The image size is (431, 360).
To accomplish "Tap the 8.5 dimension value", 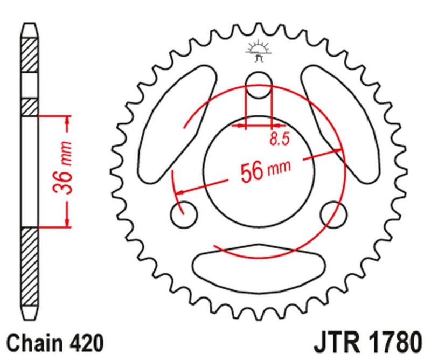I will [x=280, y=140].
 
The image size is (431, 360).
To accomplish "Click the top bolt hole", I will [x=259, y=86].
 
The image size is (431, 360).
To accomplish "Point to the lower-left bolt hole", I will [x=183, y=215].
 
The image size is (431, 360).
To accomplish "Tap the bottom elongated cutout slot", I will [x=259, y=266].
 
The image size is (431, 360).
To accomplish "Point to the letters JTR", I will [x=336, y=343].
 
